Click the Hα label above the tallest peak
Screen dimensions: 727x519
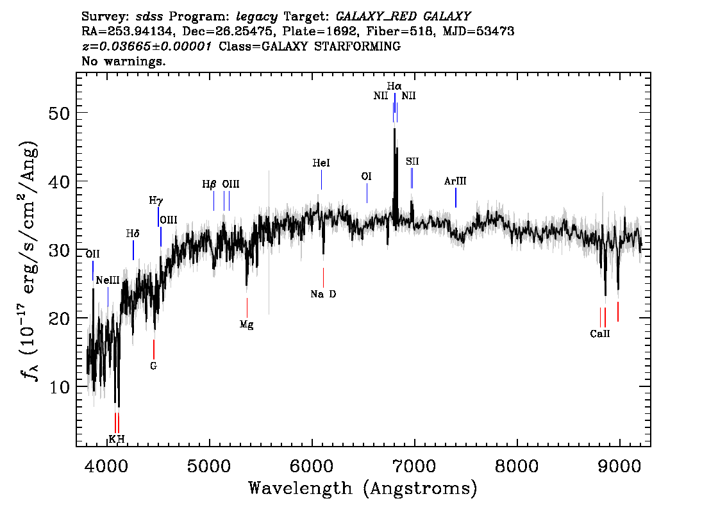[394, 86]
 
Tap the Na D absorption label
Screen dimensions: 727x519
[323, 294]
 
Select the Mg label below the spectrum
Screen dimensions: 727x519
[247, 325]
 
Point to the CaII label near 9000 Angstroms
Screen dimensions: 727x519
[600, 334]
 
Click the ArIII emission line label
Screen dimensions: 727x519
[455, 181]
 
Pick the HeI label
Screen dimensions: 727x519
[321, 163]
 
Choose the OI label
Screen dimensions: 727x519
[366, 177]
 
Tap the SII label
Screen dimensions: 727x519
[412, 161]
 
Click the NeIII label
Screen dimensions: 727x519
[108, 281]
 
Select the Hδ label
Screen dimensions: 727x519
[133, 233]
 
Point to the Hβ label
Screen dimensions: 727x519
[209, 185]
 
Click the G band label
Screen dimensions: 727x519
[153, 366]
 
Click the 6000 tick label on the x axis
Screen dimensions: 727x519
[312, 466]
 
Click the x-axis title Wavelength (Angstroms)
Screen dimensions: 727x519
[363, 488]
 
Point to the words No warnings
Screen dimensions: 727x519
[123, 61]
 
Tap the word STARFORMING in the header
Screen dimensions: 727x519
[358, 46]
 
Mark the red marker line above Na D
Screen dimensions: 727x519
[323, 277]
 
